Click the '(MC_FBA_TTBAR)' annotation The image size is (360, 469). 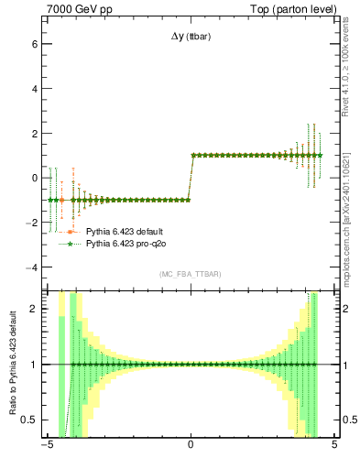(x=190, y=274)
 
